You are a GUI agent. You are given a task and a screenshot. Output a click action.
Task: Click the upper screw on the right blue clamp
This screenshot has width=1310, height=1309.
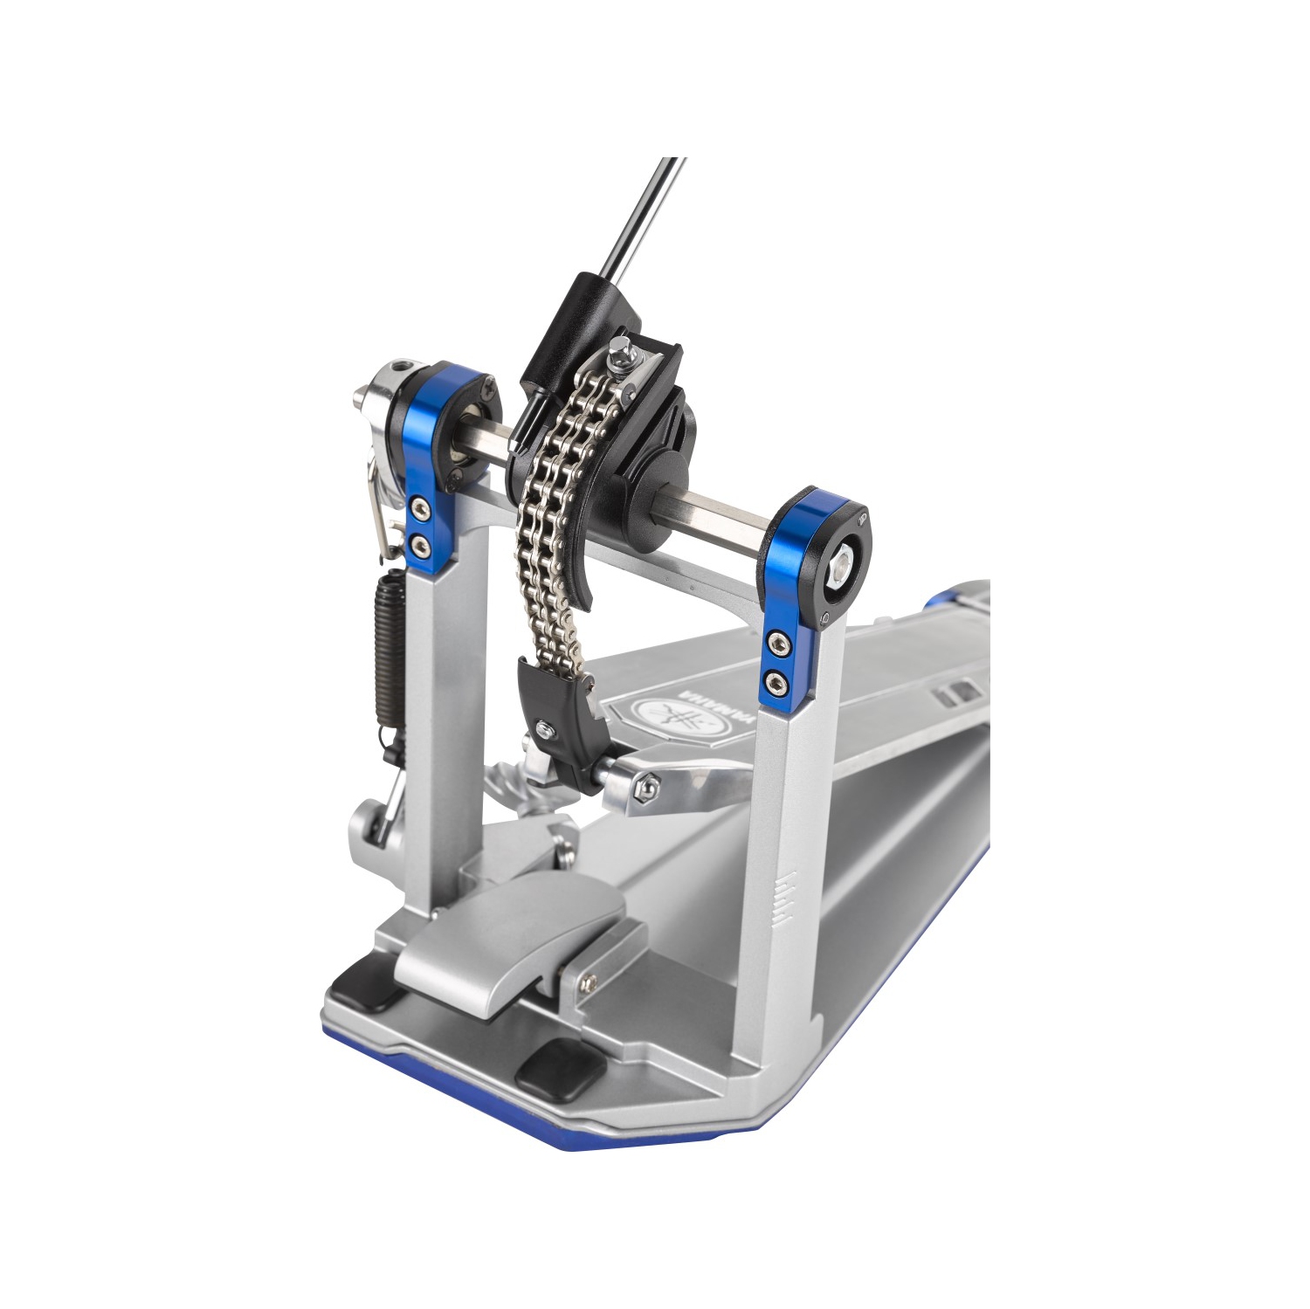pos(774,644)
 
